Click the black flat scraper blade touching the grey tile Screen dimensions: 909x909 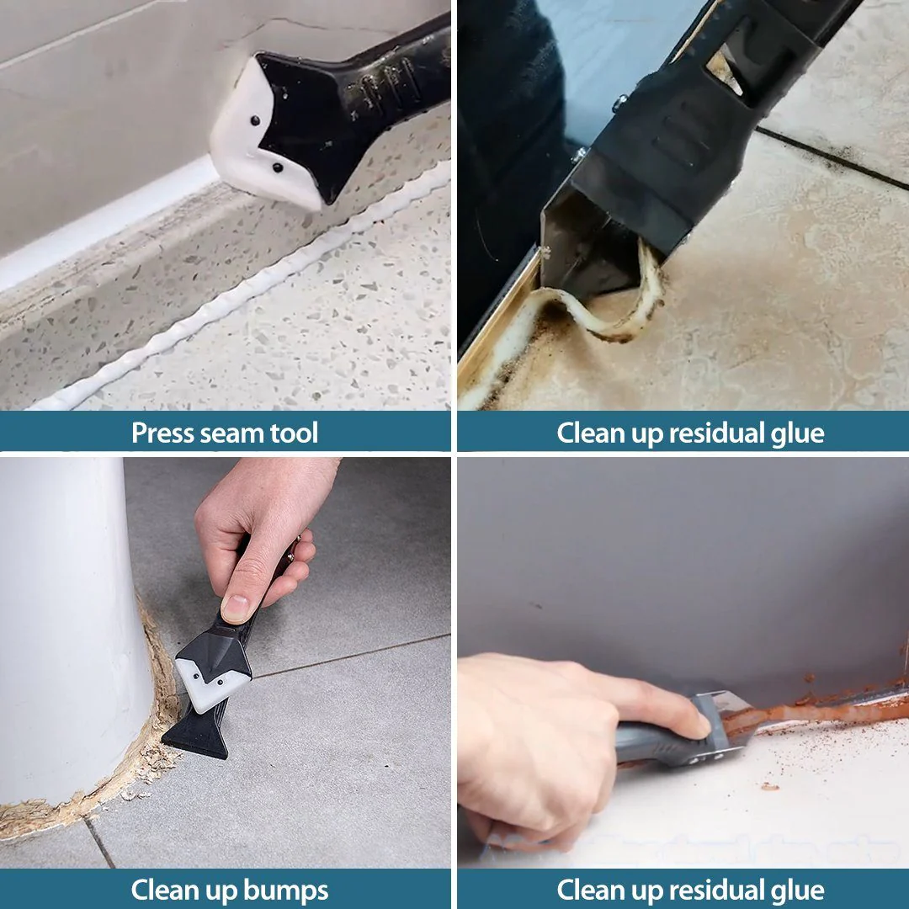point(197,731)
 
